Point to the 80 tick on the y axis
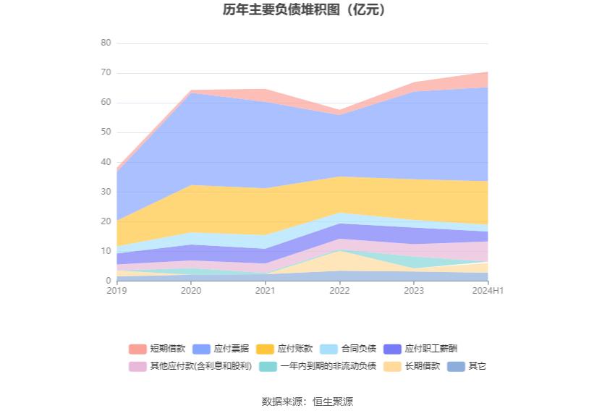106,43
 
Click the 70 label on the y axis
106,72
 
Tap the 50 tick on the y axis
106,132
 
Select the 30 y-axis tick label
106,192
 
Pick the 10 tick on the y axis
106,251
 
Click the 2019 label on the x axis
116,290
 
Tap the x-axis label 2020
191,290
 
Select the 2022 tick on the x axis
339,290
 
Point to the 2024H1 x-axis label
488,290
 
